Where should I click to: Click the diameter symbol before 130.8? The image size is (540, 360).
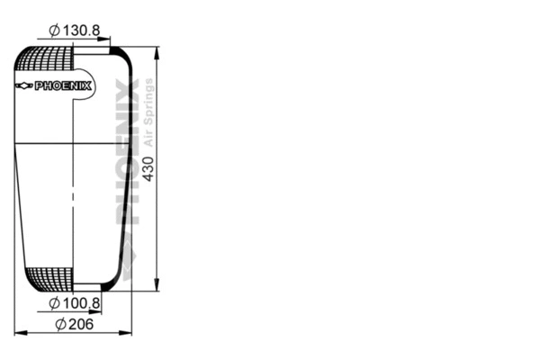[55, 31]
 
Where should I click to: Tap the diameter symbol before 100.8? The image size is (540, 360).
[55, 303]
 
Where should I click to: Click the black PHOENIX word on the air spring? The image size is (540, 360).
[64, 86]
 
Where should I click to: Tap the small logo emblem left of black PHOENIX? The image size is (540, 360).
[24, 86]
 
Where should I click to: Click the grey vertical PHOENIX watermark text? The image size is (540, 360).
[127, 153]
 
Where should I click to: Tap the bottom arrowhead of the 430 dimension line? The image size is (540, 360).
[158, 285]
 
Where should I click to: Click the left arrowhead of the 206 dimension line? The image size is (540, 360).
[19, 333]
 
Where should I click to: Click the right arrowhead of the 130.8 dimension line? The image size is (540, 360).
[106, 40]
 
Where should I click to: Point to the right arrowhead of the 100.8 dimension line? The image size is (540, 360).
[98, 312]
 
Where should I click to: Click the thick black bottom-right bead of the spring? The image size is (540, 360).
[110, 284]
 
